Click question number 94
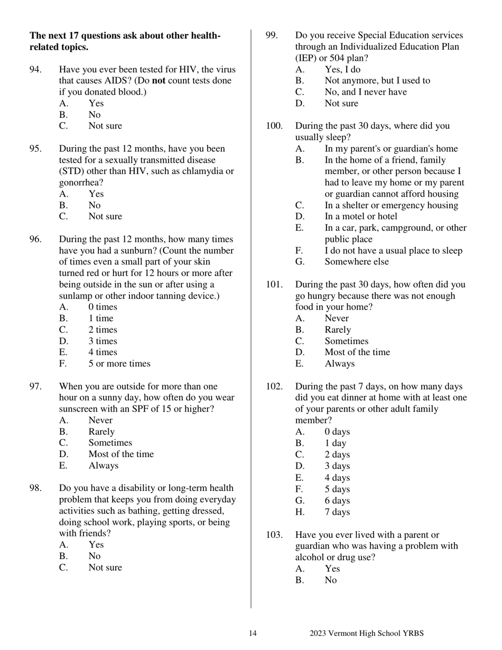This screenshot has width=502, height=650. click(36, 70)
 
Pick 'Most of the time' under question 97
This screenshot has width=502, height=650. click(121, 454)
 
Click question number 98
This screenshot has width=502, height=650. click(36, 488)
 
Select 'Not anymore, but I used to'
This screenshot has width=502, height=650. click(377, 80)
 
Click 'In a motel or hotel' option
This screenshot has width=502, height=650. click(360, 216)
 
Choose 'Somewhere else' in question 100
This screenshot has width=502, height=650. click(356, 262)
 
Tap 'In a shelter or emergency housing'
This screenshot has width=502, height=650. click(391, 205)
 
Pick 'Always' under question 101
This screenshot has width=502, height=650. click(339, 364)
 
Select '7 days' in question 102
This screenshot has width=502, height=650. click(337, 512)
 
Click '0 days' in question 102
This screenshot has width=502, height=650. click(337, 432)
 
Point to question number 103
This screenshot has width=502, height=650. click(274, 535)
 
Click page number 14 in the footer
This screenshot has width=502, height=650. click(253, 634)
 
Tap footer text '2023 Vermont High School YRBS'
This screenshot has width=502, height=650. click(366, 634)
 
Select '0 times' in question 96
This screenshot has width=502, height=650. click(103, 307)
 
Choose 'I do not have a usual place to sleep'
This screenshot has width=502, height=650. click(393, 250)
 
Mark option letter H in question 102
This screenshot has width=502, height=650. click(300, 512)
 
